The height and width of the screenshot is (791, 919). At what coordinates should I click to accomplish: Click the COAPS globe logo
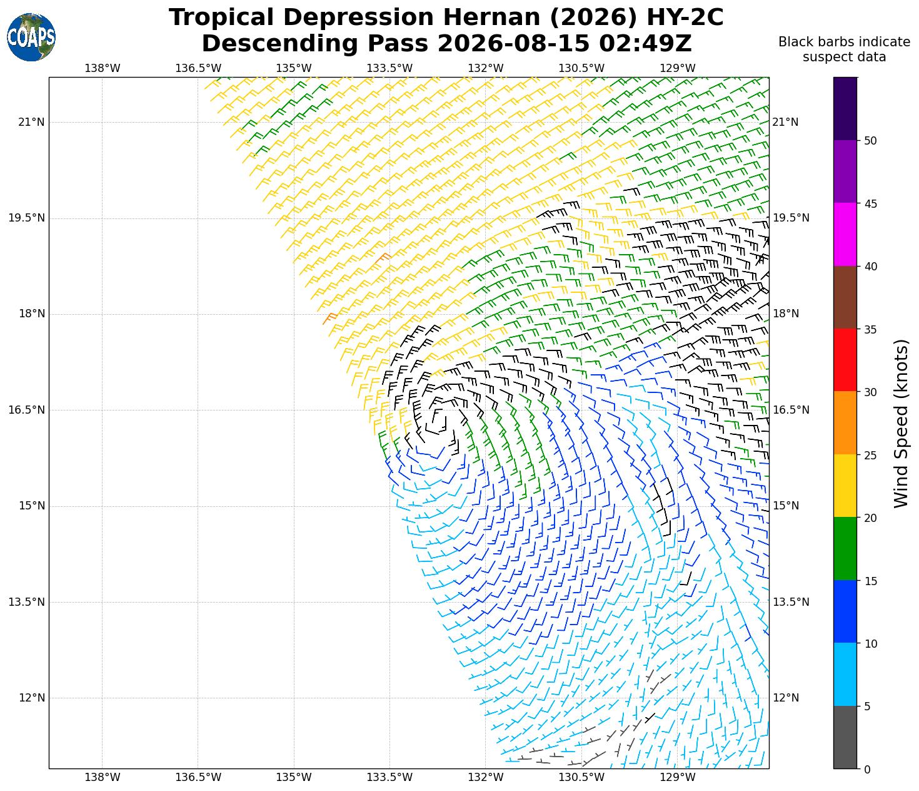pyautogui.click(x=31, y=37)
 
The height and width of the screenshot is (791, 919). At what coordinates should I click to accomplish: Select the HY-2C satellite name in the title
pyautogui.click(x=685, y=18)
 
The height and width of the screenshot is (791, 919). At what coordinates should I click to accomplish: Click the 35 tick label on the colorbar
pyautogui.click(x=870, y=330)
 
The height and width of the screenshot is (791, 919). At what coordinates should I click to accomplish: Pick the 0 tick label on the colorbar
pyautogui.click(x=867, y=770)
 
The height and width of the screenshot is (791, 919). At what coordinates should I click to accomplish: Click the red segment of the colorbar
pyautogui.click(x=845, y=360)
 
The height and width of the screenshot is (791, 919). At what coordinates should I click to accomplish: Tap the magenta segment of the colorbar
pyautogui.click(x=845, y=234)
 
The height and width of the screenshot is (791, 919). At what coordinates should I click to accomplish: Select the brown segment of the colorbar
pyautogui.click(x=845, y=297)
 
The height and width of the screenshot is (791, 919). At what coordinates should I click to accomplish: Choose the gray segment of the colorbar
pyautogui.click(x=845, y=737)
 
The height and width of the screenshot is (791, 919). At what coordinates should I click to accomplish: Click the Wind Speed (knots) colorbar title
pyautogui.click(x=901, y=423)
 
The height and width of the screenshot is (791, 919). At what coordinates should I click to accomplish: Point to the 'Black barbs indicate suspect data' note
pyautogui.click(x=844, y=49)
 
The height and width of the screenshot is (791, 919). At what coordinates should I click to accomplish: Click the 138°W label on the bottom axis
pyautogui.click(x=103, y=777)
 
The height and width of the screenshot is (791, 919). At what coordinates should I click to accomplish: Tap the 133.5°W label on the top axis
pyautogui.click(x=389, y=68)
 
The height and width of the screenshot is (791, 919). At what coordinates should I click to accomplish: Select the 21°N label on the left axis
pyautogui.click(x=31, y=122)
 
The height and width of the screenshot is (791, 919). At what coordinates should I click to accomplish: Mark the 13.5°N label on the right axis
pyautogui.click(x=791, y=602)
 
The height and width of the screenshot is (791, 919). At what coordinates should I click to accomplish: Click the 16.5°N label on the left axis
pyautogui.click(x=27, y=409)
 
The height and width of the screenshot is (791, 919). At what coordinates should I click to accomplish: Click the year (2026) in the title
pyautogui.click(x=595, y=18)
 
